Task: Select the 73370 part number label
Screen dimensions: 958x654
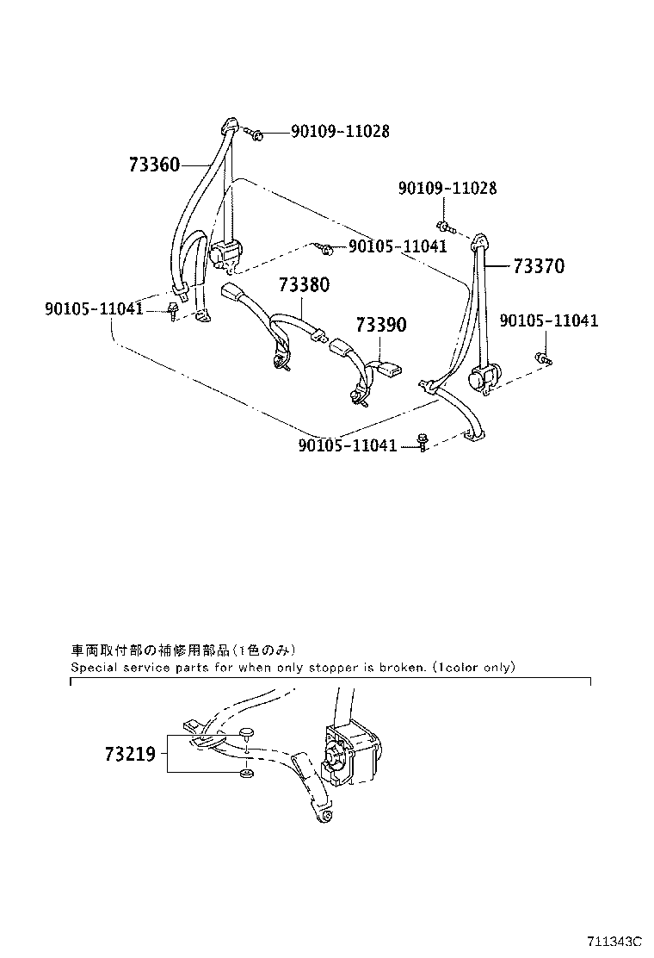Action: tap(539, 267)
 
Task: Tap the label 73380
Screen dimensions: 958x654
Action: tap(303, 285)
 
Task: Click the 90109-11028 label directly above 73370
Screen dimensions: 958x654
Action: tap(447, 189)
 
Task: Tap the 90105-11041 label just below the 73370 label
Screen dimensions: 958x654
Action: tap(548, 321)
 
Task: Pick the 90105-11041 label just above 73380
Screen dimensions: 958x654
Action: tap(397, 247)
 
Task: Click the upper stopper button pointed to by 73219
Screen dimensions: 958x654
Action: tap(247, 733)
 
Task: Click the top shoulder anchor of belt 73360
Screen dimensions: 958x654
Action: tap(229, 127)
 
